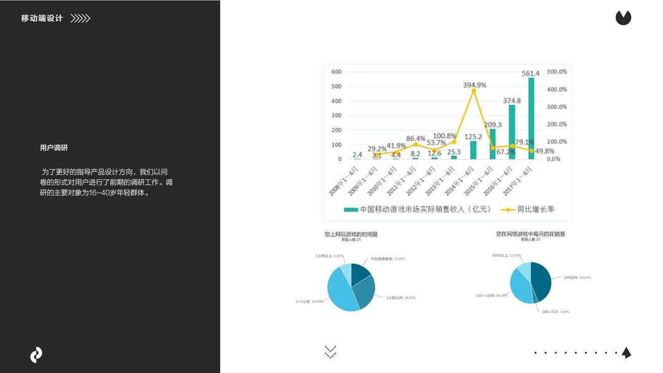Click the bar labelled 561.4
tap(531, 118)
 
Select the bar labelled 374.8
tap(512, 132)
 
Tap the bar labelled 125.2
tap(473, 150)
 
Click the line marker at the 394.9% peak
tap(473, 91)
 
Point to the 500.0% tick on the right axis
tap(557, 72)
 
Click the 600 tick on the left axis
tap(336, 72)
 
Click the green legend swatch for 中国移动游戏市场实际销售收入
tap(351, 210)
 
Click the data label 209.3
tap(493, 124)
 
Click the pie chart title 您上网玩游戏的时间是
tap(351, 234)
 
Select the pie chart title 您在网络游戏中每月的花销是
tap(531, 234)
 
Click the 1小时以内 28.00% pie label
tap(401, 298)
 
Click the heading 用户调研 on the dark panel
tap(53, 148)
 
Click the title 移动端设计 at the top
tap(42, 19)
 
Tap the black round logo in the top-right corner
tap(623, 18)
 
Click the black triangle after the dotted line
tap(626, 352)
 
